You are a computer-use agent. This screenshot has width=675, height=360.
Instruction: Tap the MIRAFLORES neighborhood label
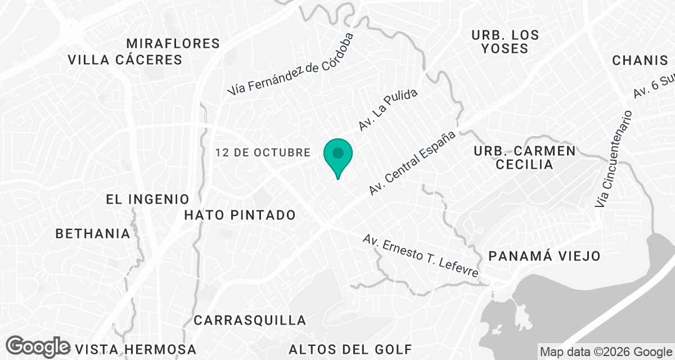pyautogui.click(x=173, y=43)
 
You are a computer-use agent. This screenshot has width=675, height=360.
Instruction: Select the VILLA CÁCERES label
pyautogui.click(x=125, y=60)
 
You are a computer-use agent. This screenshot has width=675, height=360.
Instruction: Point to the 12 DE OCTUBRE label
pyautogui.click(x=263, y=152)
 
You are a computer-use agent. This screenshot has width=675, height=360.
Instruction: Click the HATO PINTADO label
pyautogui.click(x=240, y=215)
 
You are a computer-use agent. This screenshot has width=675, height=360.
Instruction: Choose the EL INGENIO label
pyautogui.click(x=147, y=199)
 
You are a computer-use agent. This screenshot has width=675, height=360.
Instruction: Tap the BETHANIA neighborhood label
pyautogui.click(x=93, y=233)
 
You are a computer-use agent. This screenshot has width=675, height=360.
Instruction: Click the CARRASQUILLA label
pyautogui.click(x=250, y=321)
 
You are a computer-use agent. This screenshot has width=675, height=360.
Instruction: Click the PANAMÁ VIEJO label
pyautogui.click(x=544, y=256)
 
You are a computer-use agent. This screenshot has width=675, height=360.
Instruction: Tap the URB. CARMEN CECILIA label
pyautogui.click(x=524, y=157)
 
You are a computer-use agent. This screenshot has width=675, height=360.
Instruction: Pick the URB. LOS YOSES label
pyautogui.click(x=505, y=42)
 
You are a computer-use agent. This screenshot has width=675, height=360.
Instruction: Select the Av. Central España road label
pyautogui.click(x=412, y=163)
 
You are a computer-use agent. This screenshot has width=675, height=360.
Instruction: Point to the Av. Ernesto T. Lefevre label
pyautogui.click(x=421, y=256)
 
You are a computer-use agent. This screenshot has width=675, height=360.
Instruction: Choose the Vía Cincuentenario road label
pyautogui.click(x=614, y=159)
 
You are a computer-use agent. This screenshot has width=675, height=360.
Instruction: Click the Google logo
pyautogui.click(x=39, y=346)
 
